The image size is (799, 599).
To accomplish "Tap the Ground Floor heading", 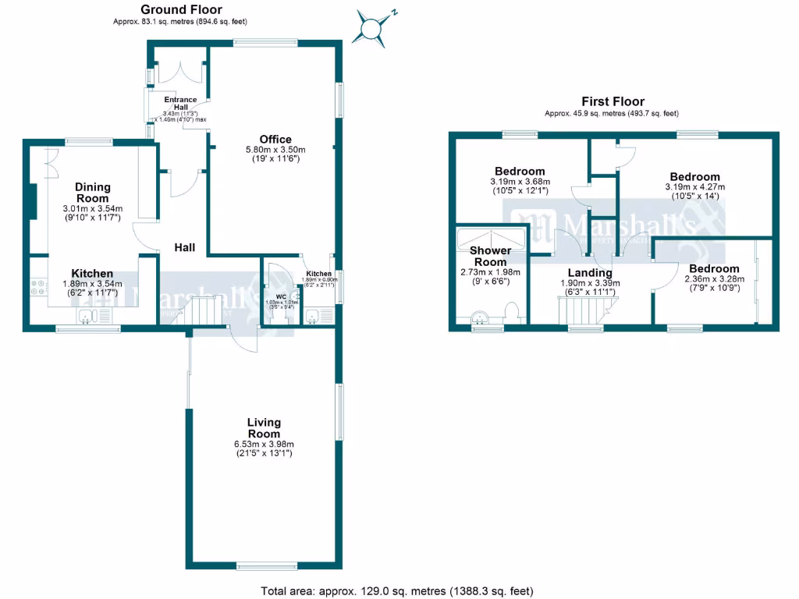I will coord(181,9).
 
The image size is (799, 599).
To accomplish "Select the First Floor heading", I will coord(613,101).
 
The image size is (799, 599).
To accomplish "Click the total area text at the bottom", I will coord(396,590).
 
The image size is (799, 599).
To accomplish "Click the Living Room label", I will coord(264,428).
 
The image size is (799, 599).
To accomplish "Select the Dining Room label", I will coord(93,193).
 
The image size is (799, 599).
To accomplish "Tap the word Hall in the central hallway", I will coord(185,247).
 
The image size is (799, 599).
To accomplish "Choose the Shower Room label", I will coord(490,256).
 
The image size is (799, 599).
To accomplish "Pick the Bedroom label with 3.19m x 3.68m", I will coord(519,172).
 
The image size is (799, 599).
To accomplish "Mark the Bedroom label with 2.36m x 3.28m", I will coord(712,269).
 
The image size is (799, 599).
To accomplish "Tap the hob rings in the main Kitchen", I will coord(37,287).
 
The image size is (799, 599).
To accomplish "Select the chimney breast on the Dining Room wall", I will coord(34,201).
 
